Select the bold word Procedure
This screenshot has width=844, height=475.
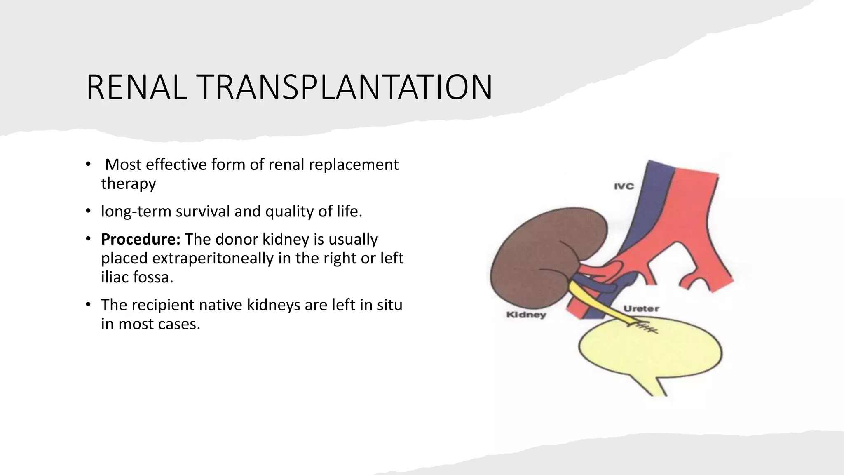point(141,239)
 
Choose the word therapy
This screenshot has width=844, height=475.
point(128,183)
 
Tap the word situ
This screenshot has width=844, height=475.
point(389,305)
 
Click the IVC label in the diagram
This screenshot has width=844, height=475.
point(624,186)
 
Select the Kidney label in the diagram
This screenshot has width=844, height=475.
point(526,315)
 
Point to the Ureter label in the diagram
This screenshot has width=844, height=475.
point(641,308)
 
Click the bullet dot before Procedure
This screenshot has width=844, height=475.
point(88,239)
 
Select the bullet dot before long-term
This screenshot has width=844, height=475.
point(88,211)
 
